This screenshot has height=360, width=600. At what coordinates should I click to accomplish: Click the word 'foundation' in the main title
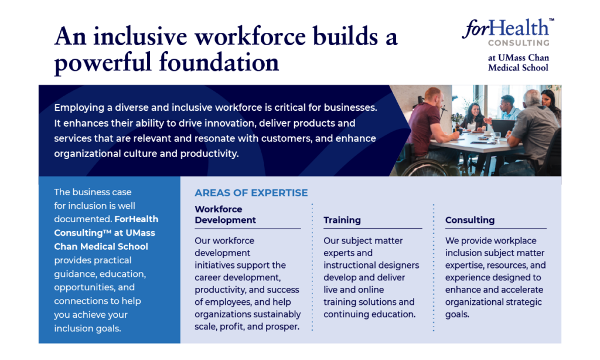point(219,62)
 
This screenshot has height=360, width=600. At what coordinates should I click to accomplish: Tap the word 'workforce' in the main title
point(250,37)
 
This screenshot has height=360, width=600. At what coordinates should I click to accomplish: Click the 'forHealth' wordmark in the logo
point(506,28)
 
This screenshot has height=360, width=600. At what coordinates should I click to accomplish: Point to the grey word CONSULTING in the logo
point(519,43)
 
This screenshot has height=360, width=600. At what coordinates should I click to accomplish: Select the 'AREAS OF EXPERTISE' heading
point(251,193)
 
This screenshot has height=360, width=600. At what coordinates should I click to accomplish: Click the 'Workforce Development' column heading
point(226,215)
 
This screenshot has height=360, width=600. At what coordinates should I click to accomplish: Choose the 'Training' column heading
point(342,220)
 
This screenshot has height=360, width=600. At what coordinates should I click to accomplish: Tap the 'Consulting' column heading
point(470,220)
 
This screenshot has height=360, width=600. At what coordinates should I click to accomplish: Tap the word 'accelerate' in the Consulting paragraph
point(523,290)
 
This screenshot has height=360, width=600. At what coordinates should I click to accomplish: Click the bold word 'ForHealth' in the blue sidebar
point(136,219)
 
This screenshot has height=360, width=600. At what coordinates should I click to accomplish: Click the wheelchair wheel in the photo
point(425,169)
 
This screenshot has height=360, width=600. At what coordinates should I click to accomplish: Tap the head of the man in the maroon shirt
point(433,98)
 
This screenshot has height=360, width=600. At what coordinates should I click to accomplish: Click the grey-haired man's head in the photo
point(532,99)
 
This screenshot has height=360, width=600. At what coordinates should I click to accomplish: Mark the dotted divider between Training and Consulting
point(434,267)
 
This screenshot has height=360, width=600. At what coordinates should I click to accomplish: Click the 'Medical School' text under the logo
point(518,68)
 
